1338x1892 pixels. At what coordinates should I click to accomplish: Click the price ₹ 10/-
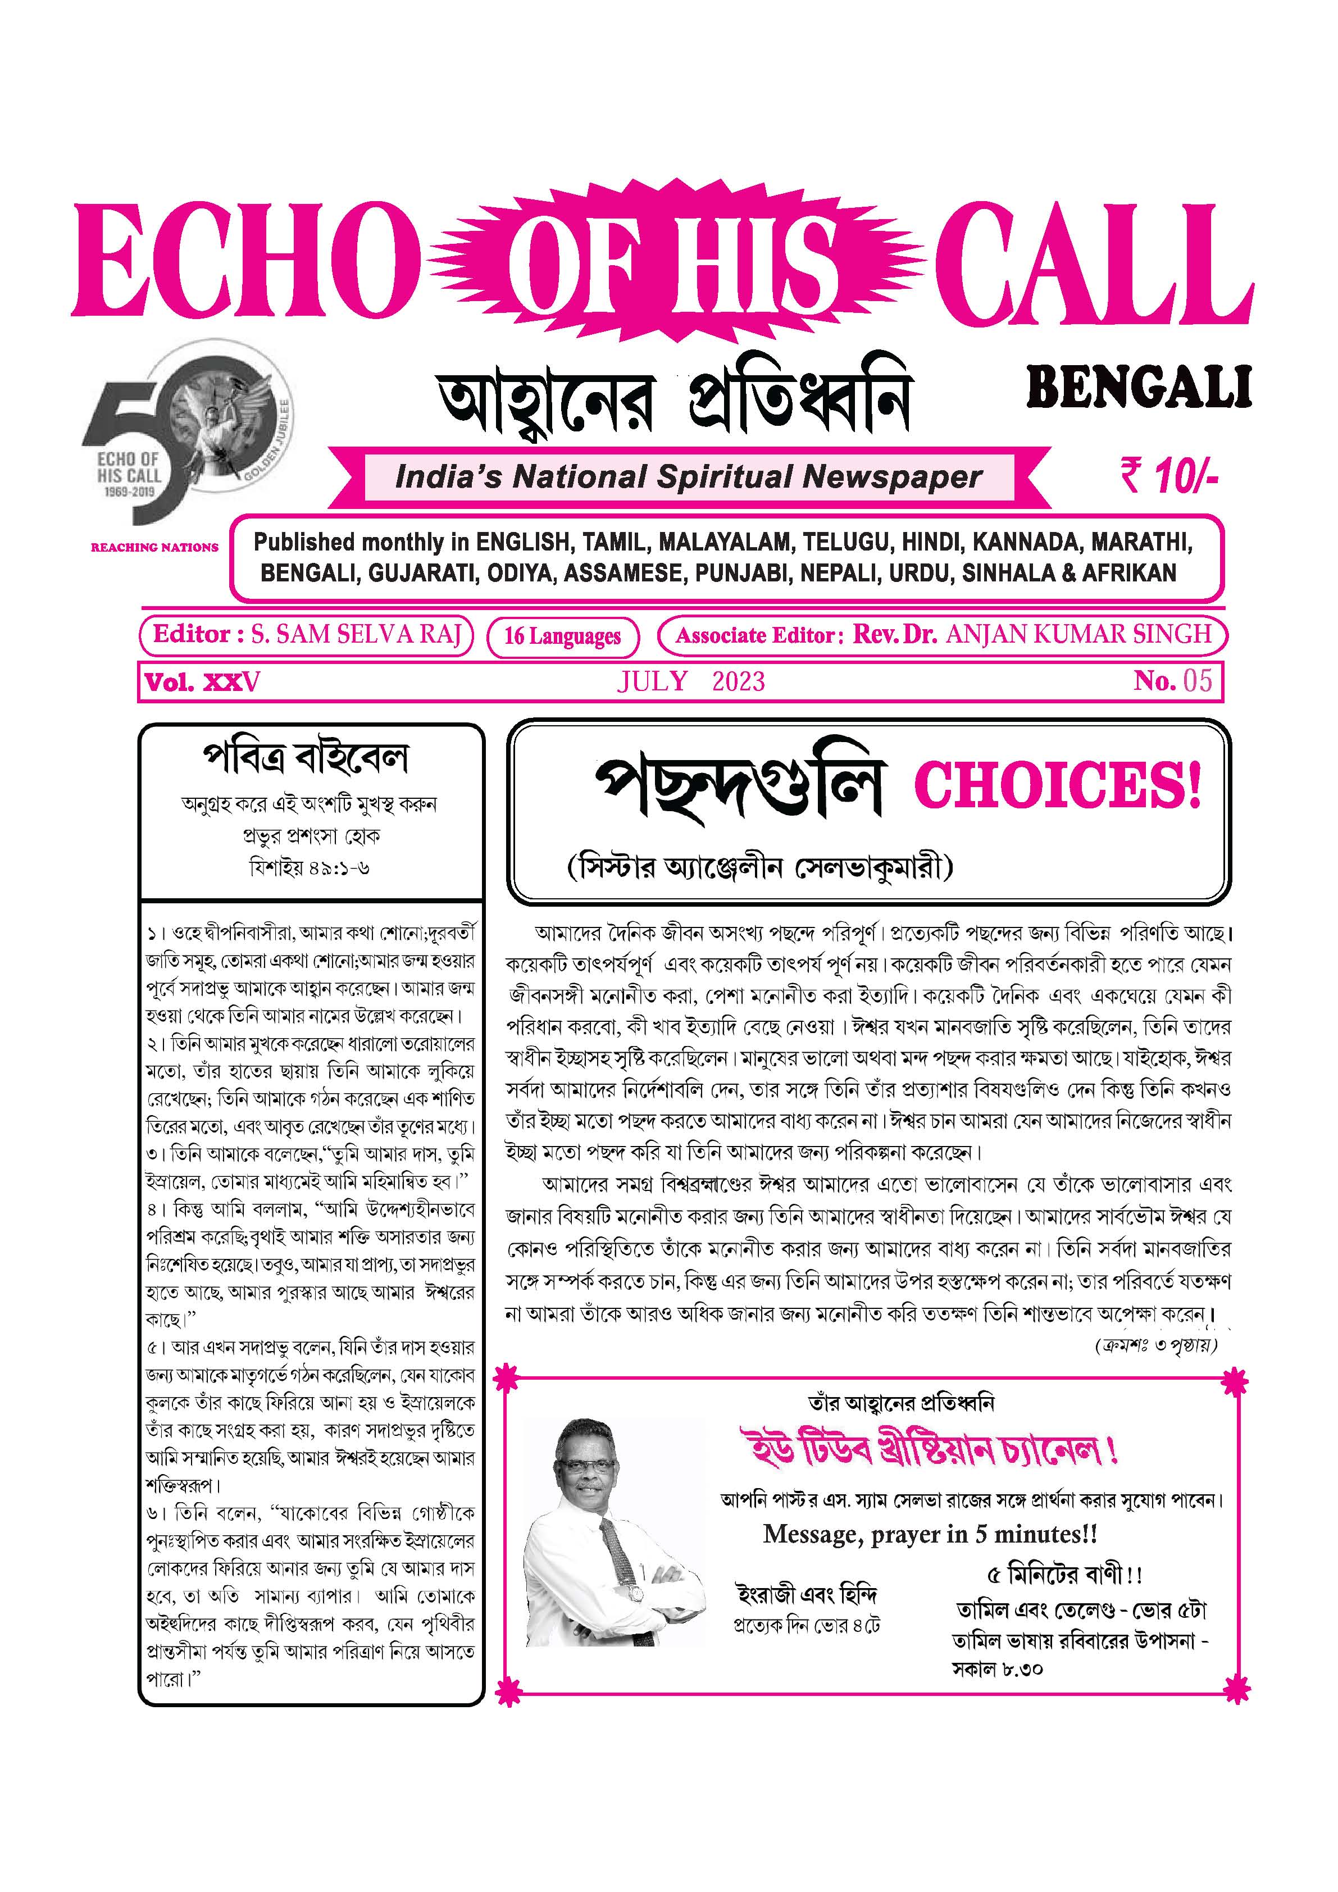[1168, 477]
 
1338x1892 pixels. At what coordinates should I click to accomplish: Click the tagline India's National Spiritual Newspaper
[689, 477]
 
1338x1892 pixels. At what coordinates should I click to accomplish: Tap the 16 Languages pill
[563, 636]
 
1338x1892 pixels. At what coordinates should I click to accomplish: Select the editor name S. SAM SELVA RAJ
[356, 635]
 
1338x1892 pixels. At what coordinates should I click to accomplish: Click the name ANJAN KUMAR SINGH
[1079, 635]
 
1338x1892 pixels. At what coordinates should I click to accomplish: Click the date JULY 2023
[690, 681]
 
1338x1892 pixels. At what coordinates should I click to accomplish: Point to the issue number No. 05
[1172, 681]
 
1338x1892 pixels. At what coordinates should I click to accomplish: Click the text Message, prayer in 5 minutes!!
[930, 1534]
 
